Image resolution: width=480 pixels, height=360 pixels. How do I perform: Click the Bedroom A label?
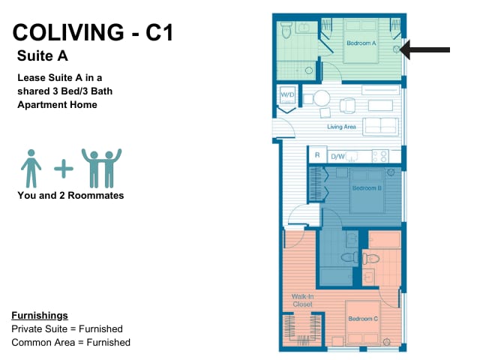point(361,43)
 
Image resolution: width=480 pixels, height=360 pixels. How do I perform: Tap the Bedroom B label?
point(367,188)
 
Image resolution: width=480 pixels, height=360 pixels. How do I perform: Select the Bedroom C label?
point(363,319)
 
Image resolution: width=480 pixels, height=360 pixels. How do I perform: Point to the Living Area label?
point(342,127)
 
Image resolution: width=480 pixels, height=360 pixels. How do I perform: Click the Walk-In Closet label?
point(302,300)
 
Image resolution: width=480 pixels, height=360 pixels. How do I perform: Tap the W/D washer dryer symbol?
point(287,94)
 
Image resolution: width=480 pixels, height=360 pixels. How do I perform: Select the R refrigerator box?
point(317,155)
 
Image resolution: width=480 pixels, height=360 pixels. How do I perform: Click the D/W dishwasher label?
point(337,157)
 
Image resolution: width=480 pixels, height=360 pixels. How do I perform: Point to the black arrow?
point(424,49)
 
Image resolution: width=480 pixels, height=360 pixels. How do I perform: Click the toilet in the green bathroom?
point(286,29)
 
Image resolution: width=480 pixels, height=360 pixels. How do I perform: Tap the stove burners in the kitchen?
point(380,156)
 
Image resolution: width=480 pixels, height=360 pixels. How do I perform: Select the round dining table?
point(322,98)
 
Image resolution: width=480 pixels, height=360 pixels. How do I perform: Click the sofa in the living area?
point(380,126)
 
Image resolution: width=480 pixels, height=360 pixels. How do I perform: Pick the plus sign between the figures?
point(64,168)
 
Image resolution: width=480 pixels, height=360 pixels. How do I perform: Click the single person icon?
point(31,168)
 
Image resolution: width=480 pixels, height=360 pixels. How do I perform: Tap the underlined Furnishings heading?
point(40,316)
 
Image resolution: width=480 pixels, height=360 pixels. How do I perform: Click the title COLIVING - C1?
point(93,32)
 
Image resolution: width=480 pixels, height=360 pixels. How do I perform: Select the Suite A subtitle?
point(43,55)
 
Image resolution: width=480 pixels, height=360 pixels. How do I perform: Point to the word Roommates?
point(95,195)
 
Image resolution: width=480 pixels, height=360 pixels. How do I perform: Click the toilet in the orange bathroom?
point(370,259)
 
